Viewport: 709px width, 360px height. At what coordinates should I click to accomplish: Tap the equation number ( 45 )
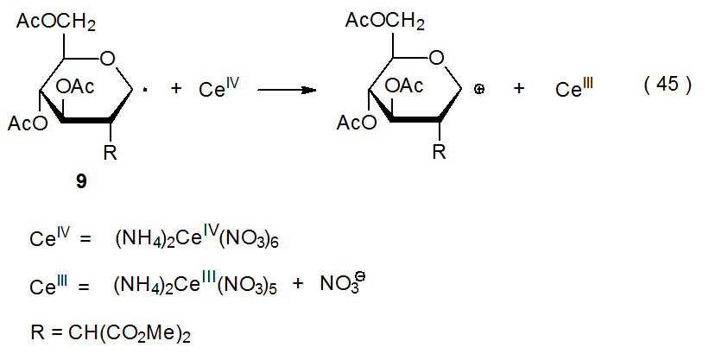pyautogui.click(x=668, y=86)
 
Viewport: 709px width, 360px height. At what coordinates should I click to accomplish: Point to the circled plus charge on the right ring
pyautogui.click(x=478, y=88)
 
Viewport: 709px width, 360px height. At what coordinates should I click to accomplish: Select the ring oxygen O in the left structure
pyautogui.click(x=106, y=59)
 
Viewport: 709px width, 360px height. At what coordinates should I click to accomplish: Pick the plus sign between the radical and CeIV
pyautogui.click(x=176, y=88)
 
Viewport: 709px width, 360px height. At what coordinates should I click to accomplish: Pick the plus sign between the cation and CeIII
pyautogui.click(x=519, y=88)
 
